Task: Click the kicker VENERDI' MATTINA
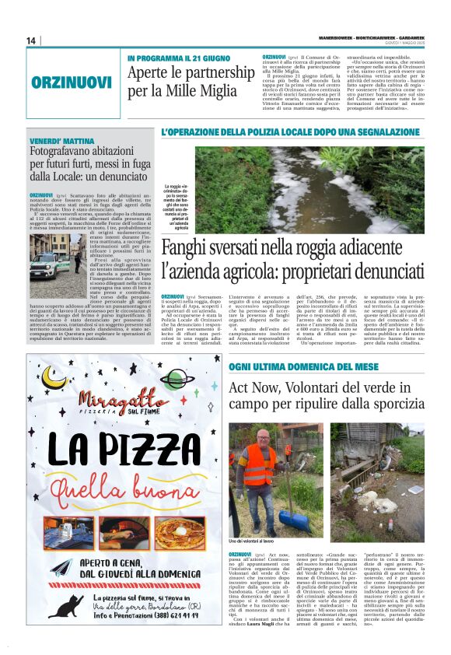[61, 138]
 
